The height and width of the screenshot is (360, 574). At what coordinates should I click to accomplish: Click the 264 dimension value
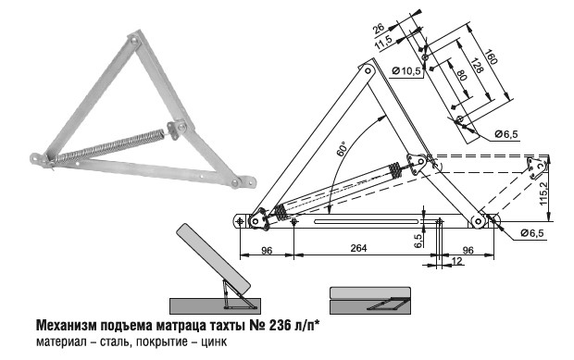pos(358,248)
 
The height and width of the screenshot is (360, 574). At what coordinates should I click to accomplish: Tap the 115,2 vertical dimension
pos(543,193)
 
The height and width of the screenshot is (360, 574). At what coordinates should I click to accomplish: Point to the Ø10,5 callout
pos(406,71)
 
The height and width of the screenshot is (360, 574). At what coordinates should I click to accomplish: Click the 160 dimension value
pos(491,56)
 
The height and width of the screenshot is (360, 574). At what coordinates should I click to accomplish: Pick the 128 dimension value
pos(475,66)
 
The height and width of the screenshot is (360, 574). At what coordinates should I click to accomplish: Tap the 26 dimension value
pos(379,28)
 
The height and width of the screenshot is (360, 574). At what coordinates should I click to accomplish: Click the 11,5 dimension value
pos(383,43)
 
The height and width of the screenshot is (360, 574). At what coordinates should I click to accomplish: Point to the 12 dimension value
pos(457,261)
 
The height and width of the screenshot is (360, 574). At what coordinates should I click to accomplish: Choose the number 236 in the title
pos(280,325)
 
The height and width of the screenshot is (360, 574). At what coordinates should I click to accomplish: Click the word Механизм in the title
pos(67,325)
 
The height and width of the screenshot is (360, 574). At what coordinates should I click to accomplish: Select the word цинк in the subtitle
pos(216,341)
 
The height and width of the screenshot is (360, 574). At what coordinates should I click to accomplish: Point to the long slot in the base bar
pos(367,221)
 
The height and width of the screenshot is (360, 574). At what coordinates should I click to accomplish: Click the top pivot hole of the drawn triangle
pos(368,70)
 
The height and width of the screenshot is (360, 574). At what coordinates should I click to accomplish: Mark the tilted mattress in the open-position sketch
pos(213,259)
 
